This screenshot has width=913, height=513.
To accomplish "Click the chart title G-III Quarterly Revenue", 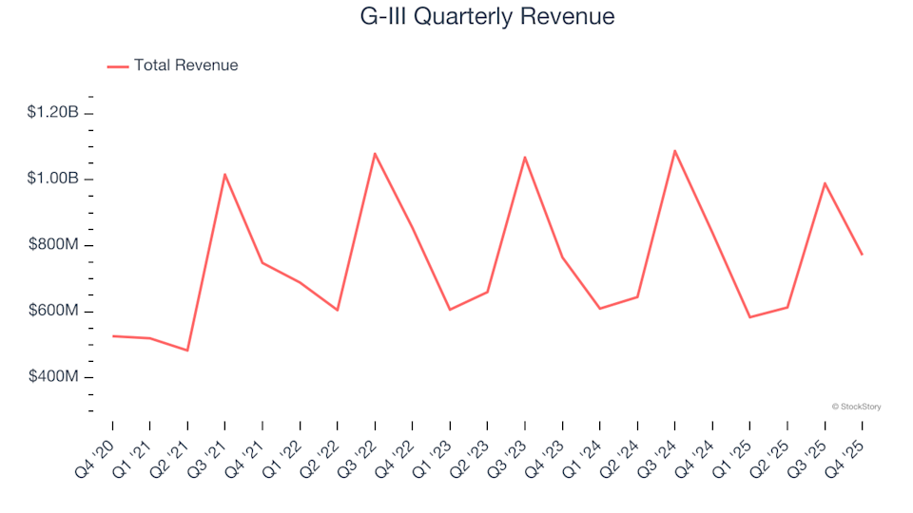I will tap(486, 17).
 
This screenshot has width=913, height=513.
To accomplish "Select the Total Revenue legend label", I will tap(185, 66).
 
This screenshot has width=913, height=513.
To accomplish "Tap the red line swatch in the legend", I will tap(118, 66).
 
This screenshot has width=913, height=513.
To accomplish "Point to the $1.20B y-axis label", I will tap(53, 113).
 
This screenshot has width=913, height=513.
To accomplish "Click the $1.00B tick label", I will tap(53, 180).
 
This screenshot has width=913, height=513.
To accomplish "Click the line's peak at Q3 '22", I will tap(375, 153).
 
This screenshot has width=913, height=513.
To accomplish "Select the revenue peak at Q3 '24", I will tap(674, 150).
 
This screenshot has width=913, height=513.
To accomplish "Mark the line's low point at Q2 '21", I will tap(187, 351).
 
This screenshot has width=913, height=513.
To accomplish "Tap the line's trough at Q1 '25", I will tap(749, 317).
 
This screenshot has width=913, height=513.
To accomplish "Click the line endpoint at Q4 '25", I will tap(862, 255).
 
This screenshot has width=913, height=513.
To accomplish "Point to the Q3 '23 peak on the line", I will tap(525, 157).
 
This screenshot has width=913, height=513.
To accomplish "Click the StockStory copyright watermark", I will tap(856, 407).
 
